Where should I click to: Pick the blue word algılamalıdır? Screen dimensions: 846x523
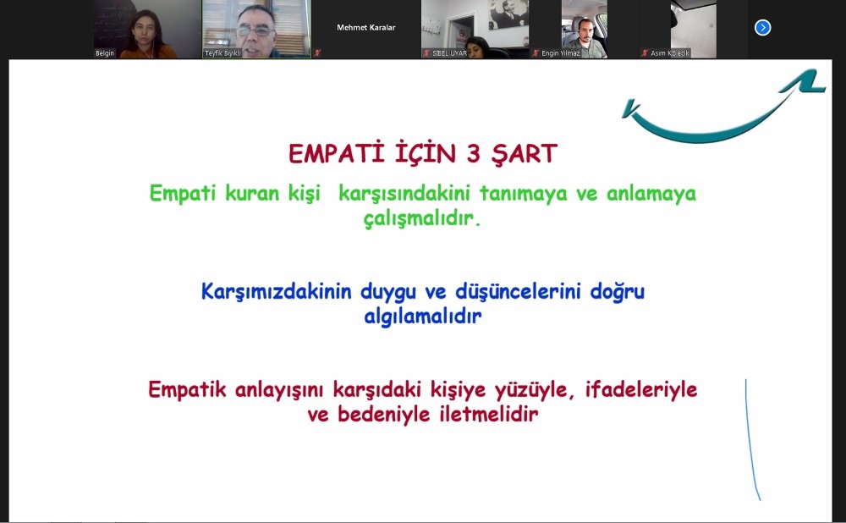(x=422, y=317)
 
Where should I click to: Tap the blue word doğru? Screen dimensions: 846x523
(x=615, y=292)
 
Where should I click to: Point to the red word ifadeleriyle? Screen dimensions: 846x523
(x=641, y=390)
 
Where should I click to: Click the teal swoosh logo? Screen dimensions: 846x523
(x=719, y=110)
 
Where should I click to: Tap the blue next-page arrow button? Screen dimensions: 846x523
(x=762, y=28)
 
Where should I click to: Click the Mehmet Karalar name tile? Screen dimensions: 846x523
(x=365, y=28)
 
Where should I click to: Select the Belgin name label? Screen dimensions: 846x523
(x=105, y=53)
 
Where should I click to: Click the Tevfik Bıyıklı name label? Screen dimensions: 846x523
(x=223, y=53)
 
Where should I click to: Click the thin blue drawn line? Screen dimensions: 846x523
(x=750, y=440)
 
